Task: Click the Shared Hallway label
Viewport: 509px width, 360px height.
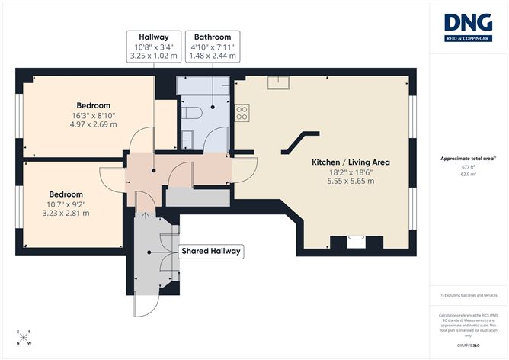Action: coord(210,251)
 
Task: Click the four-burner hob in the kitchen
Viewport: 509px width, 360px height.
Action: coord(242,114)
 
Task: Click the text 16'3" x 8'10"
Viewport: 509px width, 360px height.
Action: coord(94,115)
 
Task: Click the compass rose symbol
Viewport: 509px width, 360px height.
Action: coord(24,337)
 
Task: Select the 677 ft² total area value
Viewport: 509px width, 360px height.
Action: coord(467,166)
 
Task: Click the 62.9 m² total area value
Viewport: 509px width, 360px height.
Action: coord(467,175)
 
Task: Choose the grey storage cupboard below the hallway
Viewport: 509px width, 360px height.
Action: coord(197,196)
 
